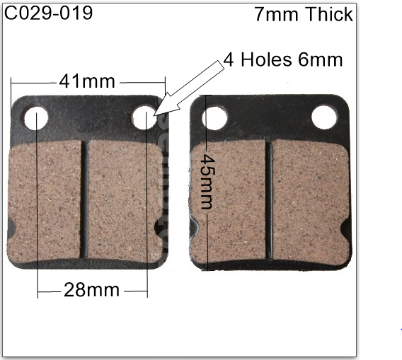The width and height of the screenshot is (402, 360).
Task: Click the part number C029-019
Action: coord(49,13)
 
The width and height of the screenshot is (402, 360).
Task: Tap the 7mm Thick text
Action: coord(303,15)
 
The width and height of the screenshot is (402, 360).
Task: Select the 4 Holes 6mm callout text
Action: coord(282,59)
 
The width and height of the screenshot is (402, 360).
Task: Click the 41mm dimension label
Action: coord(87,81)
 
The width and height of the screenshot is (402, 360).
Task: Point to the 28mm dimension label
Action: coord(92,290)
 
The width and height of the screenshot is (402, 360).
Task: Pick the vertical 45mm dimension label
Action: coord(207,182)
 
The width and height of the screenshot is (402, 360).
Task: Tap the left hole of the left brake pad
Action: coord(36,118)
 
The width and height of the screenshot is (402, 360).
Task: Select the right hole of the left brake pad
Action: coord(144,117)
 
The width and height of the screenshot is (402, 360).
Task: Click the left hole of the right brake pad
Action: coord(214,117)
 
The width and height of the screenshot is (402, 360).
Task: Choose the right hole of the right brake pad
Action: coord(324,117)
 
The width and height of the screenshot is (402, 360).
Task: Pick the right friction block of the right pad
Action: coord(310,200)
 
